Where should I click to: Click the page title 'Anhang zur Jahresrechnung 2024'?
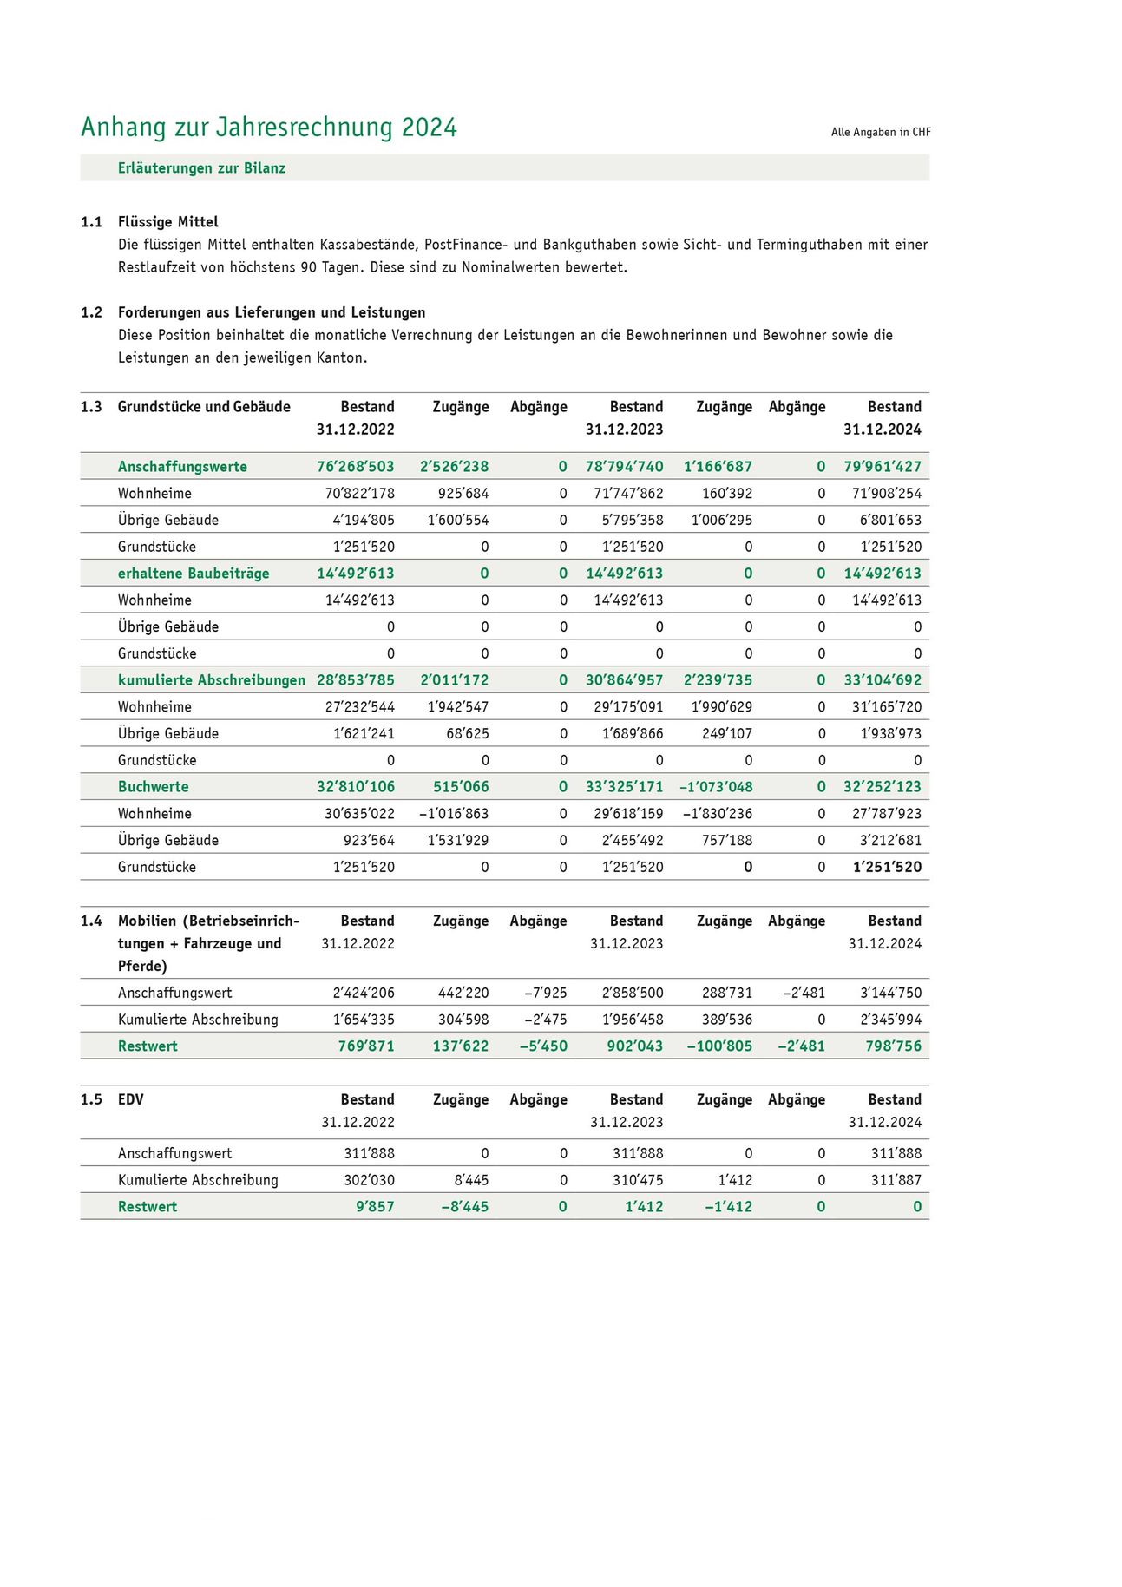(268, 128)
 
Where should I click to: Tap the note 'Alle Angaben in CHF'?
(880, 132)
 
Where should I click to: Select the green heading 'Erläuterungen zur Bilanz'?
(201, 168)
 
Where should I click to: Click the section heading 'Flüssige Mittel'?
(168, 222)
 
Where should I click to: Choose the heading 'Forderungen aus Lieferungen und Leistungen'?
(272, 312)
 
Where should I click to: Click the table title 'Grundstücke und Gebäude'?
(204, 407)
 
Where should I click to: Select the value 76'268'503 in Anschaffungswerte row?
(355, 467)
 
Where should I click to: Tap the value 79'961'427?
(882, 467)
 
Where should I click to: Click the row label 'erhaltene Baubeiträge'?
(194, 574)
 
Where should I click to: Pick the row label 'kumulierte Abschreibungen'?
(212, 680)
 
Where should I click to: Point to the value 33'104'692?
(882, 680)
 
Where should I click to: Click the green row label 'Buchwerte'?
(153, 787)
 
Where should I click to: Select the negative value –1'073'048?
(716, 787)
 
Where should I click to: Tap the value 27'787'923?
(886, 814)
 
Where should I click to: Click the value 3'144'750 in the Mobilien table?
(890, 993)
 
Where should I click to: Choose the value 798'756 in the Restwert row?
(893, 1046)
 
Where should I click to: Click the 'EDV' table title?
(131, 1099)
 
